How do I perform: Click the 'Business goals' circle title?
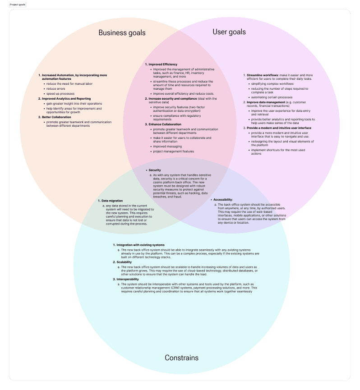[122, 33]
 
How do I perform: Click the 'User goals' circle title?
[229, 32]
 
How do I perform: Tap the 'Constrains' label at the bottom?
[181, 358]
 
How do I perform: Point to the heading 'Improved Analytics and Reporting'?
[66, 98]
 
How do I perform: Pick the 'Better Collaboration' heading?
[56, 117]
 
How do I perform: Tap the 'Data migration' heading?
[112, 200]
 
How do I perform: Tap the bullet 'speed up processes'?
[60, 93]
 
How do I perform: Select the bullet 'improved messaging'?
[167, 146]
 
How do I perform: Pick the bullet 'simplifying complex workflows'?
[272, 84]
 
